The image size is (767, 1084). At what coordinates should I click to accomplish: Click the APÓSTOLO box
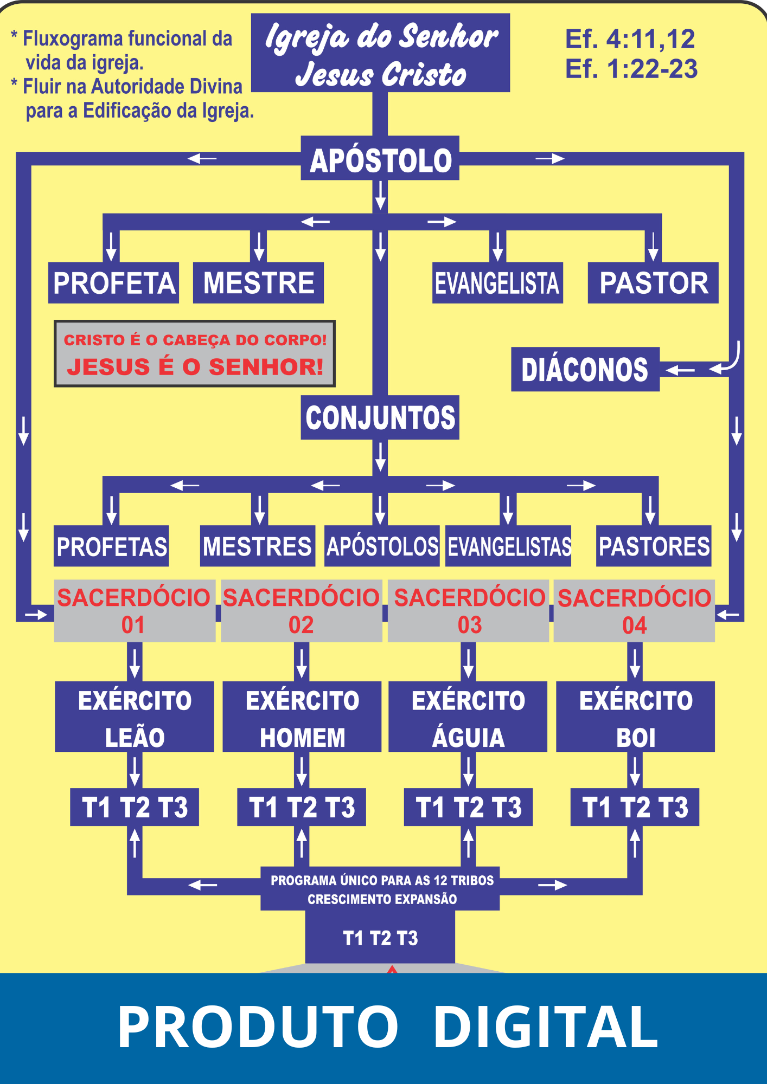(380, 158)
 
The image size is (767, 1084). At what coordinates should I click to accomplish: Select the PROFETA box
(114, 283)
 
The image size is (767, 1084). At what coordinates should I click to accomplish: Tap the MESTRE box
(259, 283)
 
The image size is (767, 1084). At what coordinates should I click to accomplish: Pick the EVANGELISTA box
(497, 283)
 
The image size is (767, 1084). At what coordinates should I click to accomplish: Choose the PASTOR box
(653, 283)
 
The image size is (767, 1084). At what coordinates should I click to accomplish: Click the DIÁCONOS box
(585, 370)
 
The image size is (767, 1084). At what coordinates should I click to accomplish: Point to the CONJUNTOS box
(380, 417)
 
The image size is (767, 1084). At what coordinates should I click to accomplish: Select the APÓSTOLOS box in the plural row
(382, 546)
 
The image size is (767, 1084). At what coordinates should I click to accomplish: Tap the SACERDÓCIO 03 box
(469, 611)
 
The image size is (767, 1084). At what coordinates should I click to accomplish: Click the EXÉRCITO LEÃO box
(135, 717)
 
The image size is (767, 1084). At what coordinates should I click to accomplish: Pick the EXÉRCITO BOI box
(635, 717)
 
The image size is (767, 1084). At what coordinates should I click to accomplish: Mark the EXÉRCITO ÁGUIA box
(468, 717)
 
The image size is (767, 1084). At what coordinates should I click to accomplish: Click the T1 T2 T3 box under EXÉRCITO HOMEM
(302, 807)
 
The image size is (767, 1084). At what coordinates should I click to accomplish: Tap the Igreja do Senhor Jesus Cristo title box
(380, 53)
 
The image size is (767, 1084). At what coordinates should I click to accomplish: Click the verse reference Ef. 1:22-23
(631, 69)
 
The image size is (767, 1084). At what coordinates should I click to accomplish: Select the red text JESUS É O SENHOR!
(195, 367)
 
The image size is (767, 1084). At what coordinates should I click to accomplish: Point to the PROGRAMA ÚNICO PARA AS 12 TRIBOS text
(382, 880)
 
